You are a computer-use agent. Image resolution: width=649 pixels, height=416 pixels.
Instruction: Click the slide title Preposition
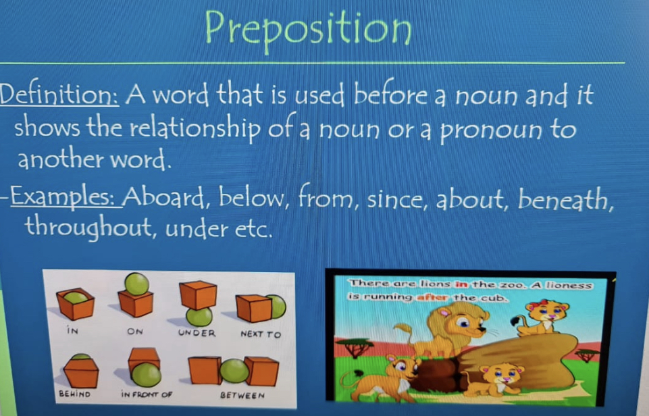pos(309,30)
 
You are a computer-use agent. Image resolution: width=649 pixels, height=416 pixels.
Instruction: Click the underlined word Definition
pos(59,94)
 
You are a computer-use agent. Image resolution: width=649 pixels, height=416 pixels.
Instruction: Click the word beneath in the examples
pos(566,199)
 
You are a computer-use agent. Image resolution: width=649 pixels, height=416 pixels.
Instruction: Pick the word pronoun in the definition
pos(490,130)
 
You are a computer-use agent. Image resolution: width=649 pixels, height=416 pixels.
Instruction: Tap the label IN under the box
pos(72,330)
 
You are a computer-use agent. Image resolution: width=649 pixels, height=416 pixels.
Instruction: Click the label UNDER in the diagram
pos(197,333)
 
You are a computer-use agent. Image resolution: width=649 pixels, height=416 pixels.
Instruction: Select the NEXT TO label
pos(261,334)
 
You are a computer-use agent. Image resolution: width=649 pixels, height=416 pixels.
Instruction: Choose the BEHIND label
pos(74,394)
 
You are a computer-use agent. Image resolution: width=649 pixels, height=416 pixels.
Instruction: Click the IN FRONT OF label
pos(147,394)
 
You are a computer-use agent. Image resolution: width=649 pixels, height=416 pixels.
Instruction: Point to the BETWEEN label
pos(242,395)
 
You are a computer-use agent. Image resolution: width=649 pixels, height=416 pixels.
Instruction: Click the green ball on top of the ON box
pos(137,284)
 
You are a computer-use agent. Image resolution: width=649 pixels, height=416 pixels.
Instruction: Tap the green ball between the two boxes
pos(235,371)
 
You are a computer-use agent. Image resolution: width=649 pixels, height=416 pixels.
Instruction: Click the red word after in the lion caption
pos(432,297)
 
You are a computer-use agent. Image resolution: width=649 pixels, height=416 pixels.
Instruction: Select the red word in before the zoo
pos(461,284)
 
